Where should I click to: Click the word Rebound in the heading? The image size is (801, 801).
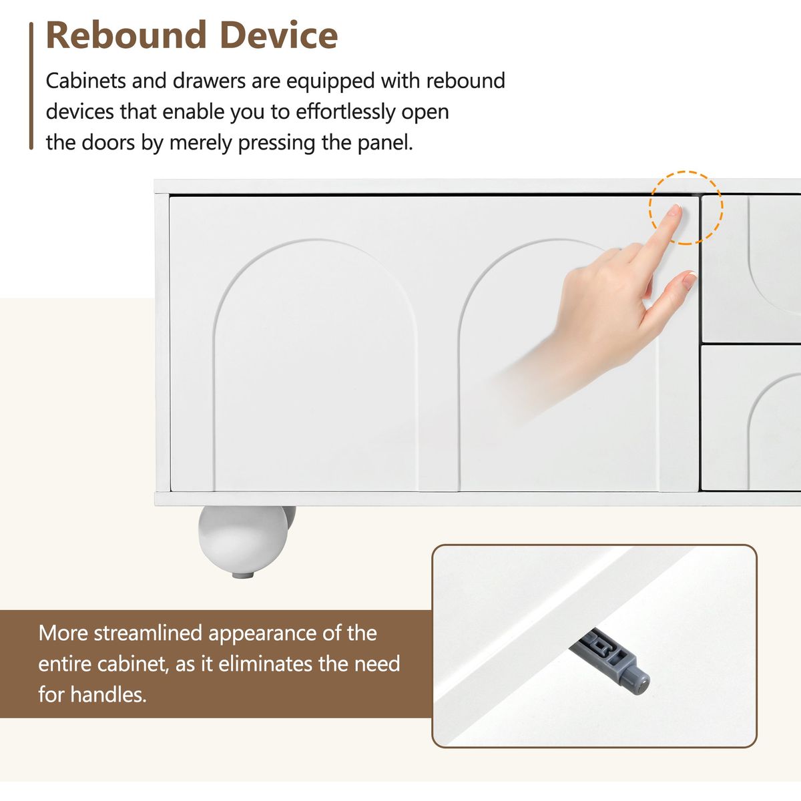(x=126, y=35)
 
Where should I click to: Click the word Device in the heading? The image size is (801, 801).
(x=279, y=35)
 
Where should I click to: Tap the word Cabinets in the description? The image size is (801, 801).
(x=85, y=81)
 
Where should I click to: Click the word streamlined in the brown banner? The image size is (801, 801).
(x=148, y=633)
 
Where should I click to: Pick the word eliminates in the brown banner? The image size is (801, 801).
(x=263, y=663)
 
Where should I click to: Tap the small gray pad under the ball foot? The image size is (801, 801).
(x=243, y=575)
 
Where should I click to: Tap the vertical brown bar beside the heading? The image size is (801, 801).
(x=31, y=85)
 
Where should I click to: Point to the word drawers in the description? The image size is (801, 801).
(x=209, y=81)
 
